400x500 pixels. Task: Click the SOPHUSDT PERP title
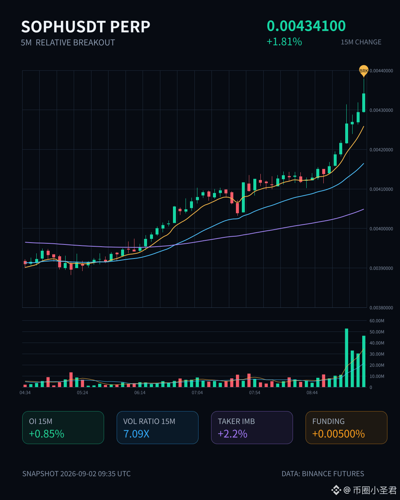pos(86,27)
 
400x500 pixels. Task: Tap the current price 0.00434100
pos(306,26)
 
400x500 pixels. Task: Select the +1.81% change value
pos(284,42)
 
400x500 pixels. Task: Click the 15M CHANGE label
pos(361,42)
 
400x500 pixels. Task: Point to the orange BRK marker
pos(364,70)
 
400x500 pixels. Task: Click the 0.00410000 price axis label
pos(381,189)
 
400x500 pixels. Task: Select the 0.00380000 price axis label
pos(381,308)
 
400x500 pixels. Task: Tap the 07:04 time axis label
pos(197,393)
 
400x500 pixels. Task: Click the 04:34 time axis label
pos(25,393)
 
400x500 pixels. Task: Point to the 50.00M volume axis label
pos(377,332)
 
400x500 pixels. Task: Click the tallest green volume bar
pos(347,358)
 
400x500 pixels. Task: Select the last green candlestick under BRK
pos(364,103)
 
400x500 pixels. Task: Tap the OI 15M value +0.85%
pos(47,434)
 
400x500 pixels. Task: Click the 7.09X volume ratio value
pos(136,434)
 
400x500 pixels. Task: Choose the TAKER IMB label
pos(236,421)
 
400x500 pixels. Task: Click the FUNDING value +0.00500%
pos(339,434)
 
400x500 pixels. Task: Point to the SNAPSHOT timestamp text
pos(76,474)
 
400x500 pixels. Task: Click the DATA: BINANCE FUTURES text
pos(323,474)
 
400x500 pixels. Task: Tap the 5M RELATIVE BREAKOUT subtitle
pos(68,43)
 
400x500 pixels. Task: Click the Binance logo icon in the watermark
pos(336,490)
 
